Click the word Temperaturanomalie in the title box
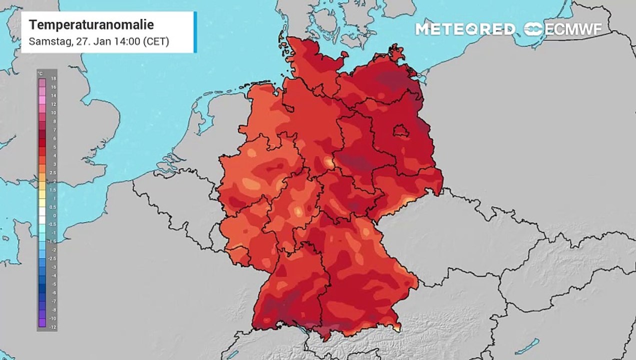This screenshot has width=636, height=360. (x=91, y=24)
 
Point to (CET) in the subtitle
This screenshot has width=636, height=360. (x=156, y=41)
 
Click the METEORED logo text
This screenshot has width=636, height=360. (x=465, y=29)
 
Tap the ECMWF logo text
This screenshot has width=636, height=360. (x=573, y=29)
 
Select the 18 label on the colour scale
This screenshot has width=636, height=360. (x=53, y=78)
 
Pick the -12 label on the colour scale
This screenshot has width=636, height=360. (x=53, y=326)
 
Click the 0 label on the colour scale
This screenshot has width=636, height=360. (x=53, y=216)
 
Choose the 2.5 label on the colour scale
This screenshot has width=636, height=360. (x=53, y=172)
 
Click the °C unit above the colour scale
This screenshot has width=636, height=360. (x=40, y=73)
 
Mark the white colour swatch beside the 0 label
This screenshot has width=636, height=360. (x=42, y=216)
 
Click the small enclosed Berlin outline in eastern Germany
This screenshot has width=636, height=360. (x=400, y=131)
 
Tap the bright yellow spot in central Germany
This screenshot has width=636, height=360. (x=329, y=161)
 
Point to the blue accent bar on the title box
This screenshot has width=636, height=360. (x=195, y=32)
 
